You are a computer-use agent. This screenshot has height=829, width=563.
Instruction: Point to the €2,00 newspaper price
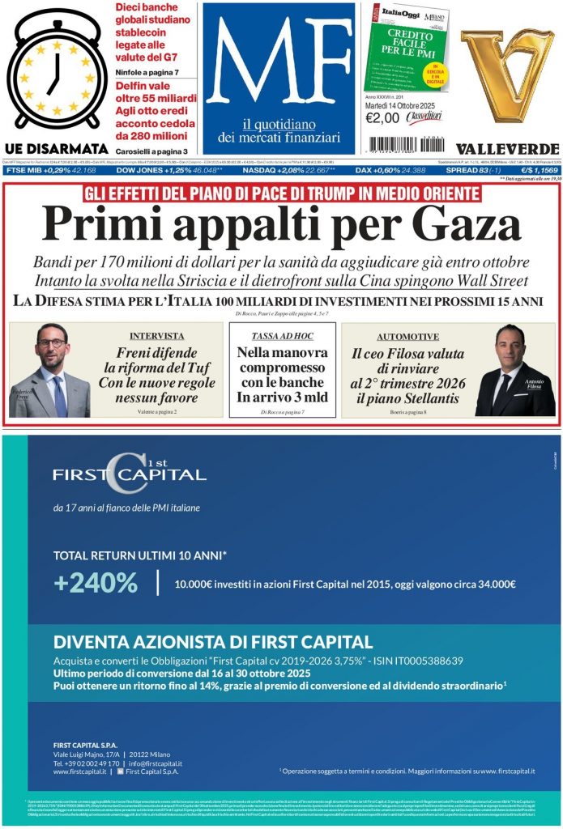pos(382,117)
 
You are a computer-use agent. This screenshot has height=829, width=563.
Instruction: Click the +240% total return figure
pos(96,582)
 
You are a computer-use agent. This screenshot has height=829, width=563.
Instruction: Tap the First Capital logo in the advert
pos(130,474)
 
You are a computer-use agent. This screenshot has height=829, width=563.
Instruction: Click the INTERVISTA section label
pos(156,336)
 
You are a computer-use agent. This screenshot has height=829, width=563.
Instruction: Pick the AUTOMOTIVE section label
pos(407,336)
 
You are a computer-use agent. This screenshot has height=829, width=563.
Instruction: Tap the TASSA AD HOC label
pos(282,335)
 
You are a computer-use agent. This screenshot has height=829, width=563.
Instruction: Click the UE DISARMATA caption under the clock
pos(56,148)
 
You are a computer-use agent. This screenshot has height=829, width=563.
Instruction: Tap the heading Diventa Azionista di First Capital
pos(213,643)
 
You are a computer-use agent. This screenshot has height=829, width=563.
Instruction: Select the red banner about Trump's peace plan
pos(281,193)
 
